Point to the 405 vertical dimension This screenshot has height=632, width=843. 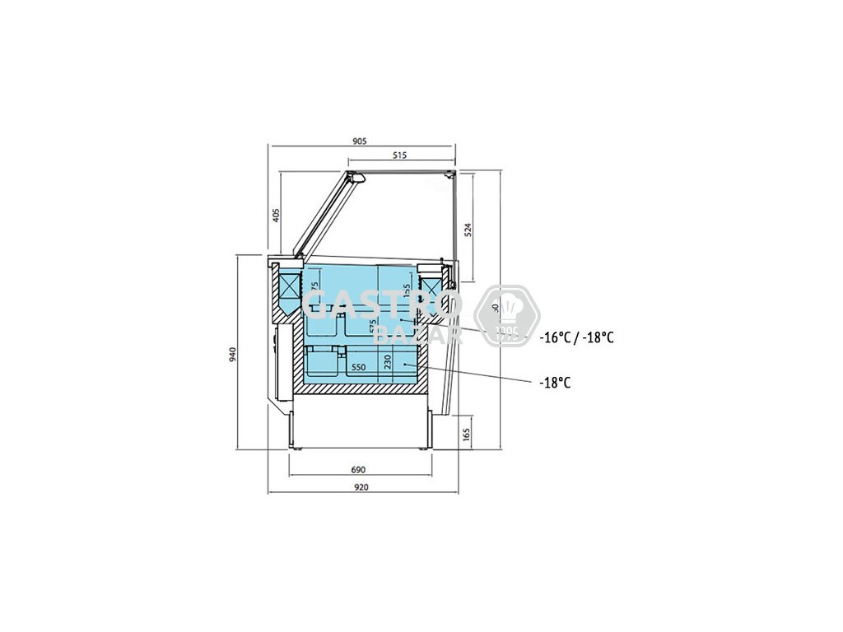tap(277, 215)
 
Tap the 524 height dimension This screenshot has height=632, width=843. tap(468, 229)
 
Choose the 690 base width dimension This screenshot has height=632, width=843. tap(358, 470)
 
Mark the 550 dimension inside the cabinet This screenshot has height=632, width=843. tap(358, 367)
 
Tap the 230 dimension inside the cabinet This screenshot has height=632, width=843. tap(386, 361)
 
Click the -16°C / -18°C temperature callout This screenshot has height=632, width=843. tap(577, 337)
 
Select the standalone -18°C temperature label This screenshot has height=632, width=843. tap(556, 383)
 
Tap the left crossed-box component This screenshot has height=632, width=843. tap(290, 289)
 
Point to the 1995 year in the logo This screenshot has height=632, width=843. tap(506, 333)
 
